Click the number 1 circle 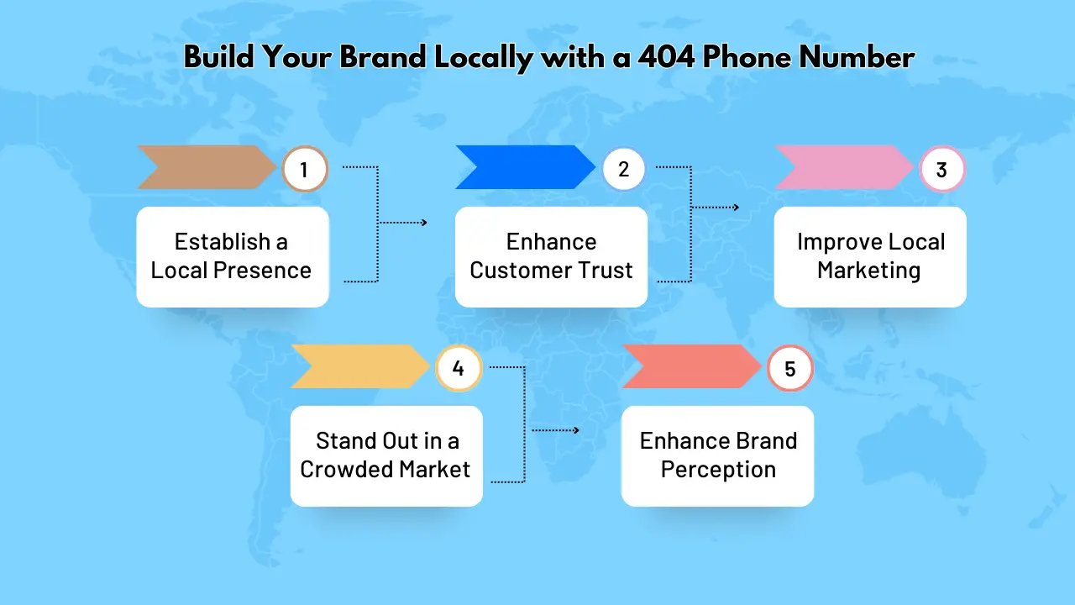(x=304, y=170)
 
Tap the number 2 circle (x=623, y=170)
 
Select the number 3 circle (x=941, y=170)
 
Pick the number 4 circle (x=458, y=369)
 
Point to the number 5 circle (x=790, y=369)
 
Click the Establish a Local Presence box (x=232, y=256)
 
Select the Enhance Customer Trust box (x=551, y=256)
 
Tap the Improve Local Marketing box (x=870, y=256)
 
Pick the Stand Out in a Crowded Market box (x=386, y=455)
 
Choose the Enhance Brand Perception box (x=717, y=455)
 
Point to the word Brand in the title (x=370, y=58)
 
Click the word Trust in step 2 (x=605, y=271)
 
